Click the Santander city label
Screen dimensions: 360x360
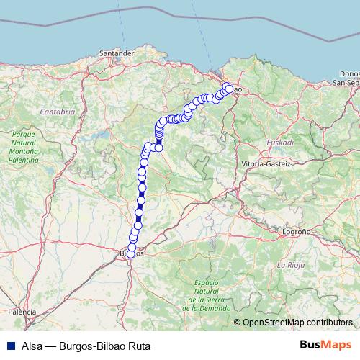coord(119,53)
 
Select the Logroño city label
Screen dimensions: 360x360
coord(296,233)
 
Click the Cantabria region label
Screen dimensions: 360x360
coord(58,112)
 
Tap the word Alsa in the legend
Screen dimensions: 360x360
coord(32,345)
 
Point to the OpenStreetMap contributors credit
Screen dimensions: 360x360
coord(297,322)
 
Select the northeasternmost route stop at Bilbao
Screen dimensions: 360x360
coord(229,88)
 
